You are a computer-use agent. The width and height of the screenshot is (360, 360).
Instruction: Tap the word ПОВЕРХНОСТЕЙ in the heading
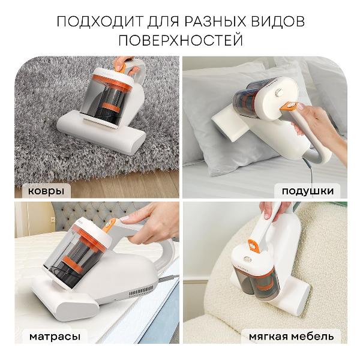point(180,41)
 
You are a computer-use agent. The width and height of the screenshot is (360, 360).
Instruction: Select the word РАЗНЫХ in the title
point(208,22)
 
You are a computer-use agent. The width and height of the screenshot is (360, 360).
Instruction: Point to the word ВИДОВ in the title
point(277,22)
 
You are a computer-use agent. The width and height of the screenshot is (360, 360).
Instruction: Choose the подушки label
point(307,191)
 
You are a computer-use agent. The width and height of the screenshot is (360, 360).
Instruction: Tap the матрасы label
point(54,337)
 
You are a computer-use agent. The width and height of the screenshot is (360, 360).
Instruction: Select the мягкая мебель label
point(294,337)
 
